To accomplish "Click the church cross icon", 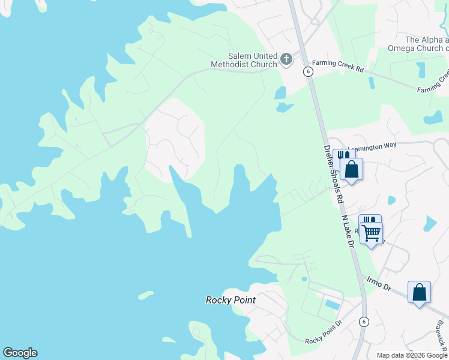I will (286, 59).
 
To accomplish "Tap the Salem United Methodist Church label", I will (244, 59).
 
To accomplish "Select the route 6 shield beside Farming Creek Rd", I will (308, 71).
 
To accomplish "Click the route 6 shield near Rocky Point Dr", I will (364, 321).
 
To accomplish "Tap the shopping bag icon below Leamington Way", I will (352, 170).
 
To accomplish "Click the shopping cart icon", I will (372, 232).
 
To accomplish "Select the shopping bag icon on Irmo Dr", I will (419, 293).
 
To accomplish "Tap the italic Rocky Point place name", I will (231, 300).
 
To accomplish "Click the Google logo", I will (20, 353).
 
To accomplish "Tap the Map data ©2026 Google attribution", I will (411, 355).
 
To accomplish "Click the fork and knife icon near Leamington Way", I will (342, 155).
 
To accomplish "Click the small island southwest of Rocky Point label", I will (146, 295).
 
